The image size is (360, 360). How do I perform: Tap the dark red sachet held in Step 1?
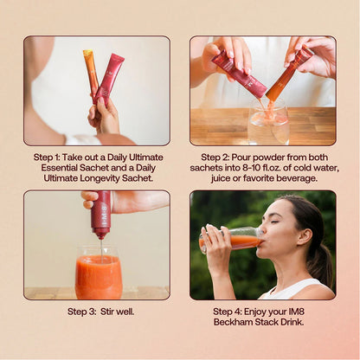click(109, 79)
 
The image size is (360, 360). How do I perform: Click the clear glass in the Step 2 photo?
click(268, 121)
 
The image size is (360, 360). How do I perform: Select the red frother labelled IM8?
click(100, 214)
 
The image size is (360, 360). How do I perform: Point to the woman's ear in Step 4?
click(305, 237)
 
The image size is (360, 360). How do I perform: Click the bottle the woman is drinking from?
click(231, 240)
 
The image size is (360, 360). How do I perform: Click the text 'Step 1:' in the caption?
click(47, 157)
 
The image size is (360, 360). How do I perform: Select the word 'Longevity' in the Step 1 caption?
click(100, 178)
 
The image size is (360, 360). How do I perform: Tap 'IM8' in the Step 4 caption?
click(297, 312)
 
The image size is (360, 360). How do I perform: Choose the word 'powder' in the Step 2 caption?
click(259, 157)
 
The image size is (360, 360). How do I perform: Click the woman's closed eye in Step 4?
click(275, 222)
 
